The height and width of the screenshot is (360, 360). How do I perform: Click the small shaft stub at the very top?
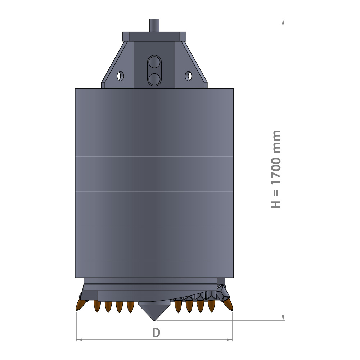coord(154,25)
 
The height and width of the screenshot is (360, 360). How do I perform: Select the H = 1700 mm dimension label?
coord(276,169)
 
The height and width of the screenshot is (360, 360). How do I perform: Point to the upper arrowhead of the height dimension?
coord(283,22)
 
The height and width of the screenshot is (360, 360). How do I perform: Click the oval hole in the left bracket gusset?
coord(120,76)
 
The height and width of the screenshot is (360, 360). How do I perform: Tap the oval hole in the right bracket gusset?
coord(188,76)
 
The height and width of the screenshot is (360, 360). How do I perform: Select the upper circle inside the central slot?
coord(154,63)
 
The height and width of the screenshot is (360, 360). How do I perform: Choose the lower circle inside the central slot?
coord(154,79)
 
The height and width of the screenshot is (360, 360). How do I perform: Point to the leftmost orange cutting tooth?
coord(80,305)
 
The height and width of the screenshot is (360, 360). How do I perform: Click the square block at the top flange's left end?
coord(126,36)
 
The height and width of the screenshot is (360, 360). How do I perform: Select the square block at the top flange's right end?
coord(183,36)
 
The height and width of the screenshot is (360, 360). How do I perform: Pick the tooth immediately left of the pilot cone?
coord(130,307)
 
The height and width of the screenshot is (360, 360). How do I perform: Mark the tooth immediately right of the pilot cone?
coord(178,307)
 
